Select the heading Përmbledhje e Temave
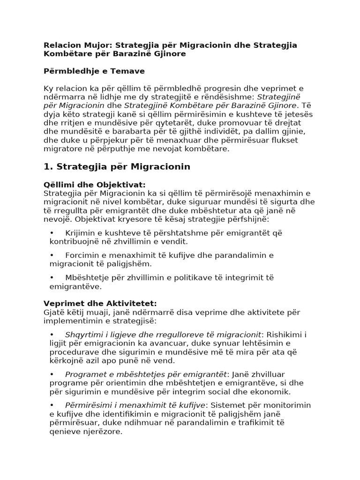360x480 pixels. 94,71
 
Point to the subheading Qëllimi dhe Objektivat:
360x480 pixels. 94,185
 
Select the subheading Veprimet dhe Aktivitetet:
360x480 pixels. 100,303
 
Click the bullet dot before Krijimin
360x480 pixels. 52,233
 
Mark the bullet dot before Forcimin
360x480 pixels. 52,255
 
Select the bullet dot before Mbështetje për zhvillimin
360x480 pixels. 52,277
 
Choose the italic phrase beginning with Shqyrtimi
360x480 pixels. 163,334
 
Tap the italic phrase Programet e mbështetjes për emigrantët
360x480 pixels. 146,374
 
